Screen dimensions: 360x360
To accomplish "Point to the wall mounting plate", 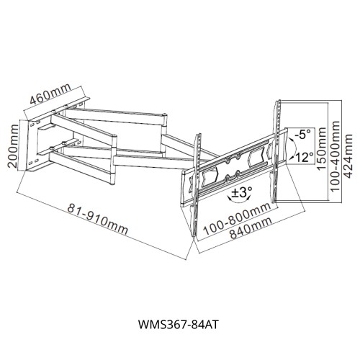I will coord(33,148).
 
